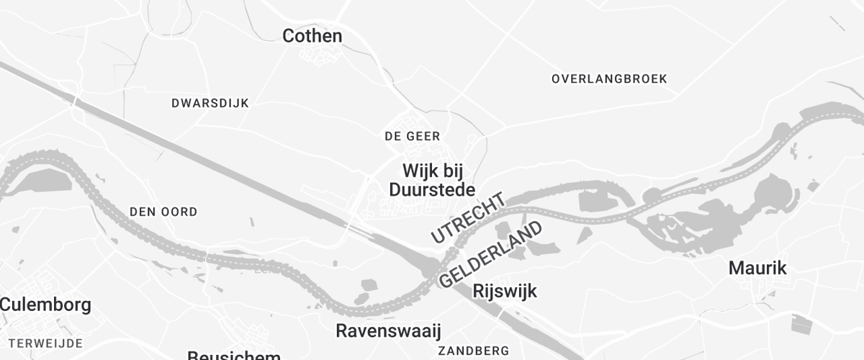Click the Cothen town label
(312, 36)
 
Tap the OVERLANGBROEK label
(609, 78)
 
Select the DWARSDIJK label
(210, 103)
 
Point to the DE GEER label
(412, 136)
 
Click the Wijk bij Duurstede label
(432, 180)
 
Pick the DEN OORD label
(163, 212)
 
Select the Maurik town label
(757, 269)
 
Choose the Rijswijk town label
(505, 292)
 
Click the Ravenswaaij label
(388, 330)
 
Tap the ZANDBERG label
(473, 351)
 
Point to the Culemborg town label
(45, 305)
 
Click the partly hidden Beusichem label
(233, 355)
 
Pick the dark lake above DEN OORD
(43, 181)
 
